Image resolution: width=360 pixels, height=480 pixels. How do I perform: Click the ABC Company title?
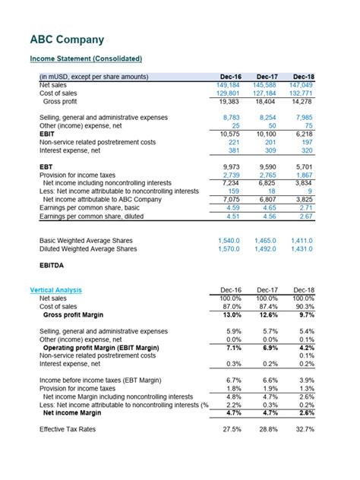pyautogui.click(x=67, y=39)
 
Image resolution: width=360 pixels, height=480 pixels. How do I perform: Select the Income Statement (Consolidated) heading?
pyautogui.click(x=85, y=58)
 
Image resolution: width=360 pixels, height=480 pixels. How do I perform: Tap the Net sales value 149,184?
pyautogui.click(x=227, y=85)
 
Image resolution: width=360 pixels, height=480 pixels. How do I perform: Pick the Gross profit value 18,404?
pyautogui.click(x=264, y=101)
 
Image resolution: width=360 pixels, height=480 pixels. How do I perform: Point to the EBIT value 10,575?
pyautogui.click(x=227, y=134)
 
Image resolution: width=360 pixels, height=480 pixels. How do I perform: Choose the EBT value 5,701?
pyautogui.click(x=304, y=166)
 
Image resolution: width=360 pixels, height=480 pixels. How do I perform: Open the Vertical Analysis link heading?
pyautogui.click(x=55, y=290)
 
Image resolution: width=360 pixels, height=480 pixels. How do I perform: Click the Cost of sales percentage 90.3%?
pyautogui.click(x=305, y=306)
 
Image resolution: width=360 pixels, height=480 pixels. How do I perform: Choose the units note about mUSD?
pyautogui.click(x=93, y=77)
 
